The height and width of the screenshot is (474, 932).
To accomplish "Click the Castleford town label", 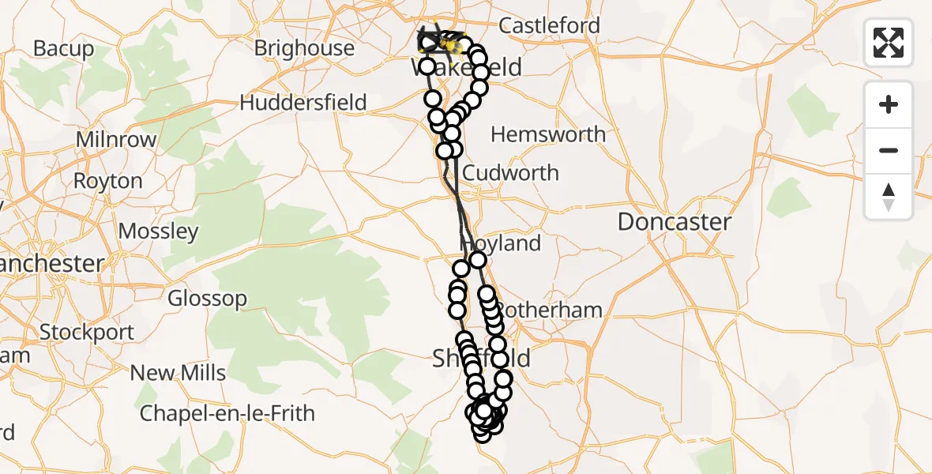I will click(x=549, y=26).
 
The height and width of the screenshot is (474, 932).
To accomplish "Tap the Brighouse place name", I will click(x=304, y=48).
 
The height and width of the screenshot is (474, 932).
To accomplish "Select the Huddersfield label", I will click(x=303, y=103).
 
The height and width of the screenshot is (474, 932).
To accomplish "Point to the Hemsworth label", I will click(x=548, y=134).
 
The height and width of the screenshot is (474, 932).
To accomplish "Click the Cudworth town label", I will click(x=511, y=173).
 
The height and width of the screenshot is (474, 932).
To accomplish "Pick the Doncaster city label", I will click(x=675, y=222).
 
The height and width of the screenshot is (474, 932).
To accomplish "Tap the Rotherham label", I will click(x=549, y=310).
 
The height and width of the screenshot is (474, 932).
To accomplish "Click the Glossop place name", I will click(x=207, y=299).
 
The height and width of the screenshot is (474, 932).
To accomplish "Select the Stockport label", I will click(x=87, y=333).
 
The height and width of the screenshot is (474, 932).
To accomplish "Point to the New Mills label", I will click(x=178, y=373).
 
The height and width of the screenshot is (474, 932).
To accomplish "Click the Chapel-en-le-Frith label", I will click(x=227, y=413).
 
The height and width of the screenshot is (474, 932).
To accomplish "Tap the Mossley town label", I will click(x=158, y=232).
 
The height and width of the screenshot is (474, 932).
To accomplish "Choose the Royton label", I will click(x=108, y=181).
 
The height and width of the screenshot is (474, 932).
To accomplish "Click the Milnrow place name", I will click(x=116, y=140).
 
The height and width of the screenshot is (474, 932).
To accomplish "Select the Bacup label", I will click(x=63, y=49).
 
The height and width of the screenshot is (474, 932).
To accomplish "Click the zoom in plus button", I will click(x=889, y=104).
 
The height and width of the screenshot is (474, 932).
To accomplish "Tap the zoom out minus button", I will click(x=889, y=150).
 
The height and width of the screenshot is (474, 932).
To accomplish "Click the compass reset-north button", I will click(x=889, y=197).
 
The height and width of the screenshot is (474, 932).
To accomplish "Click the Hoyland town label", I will click(x=505, y=244).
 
